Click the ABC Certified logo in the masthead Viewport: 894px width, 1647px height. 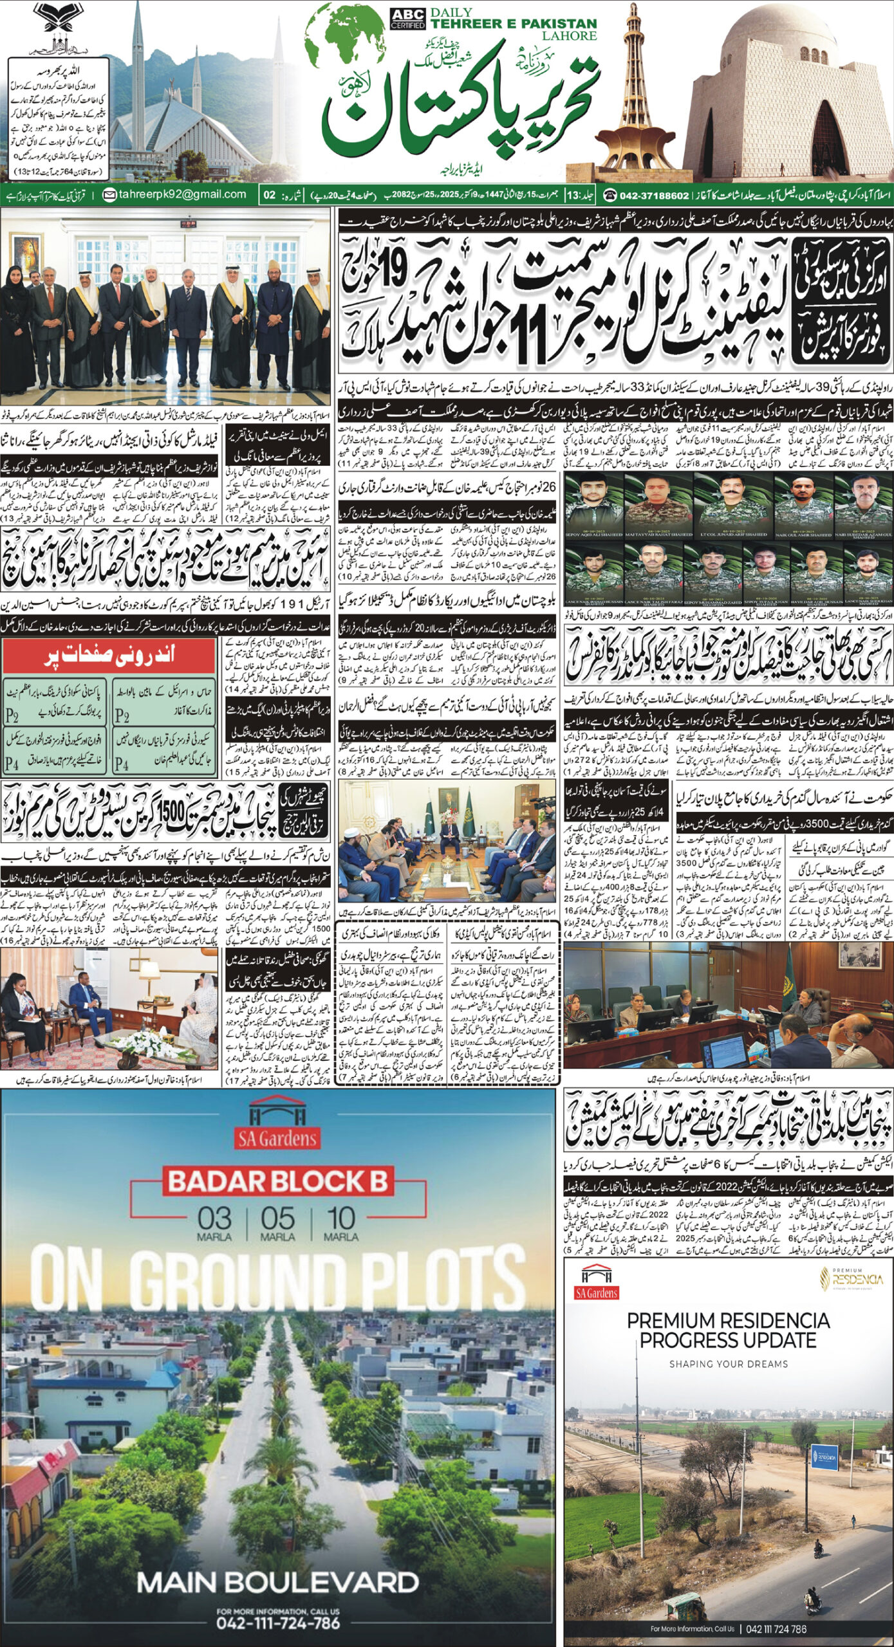tap(408, 18)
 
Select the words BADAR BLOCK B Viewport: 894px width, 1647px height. tap(278, 1182)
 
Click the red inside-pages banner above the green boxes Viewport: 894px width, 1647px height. tap(109, 656)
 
